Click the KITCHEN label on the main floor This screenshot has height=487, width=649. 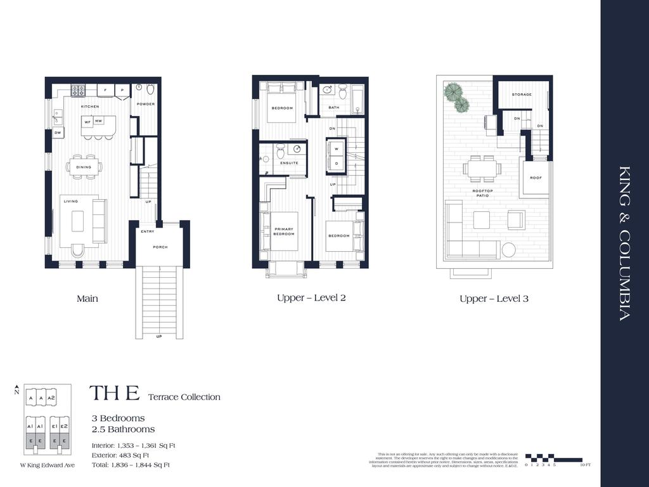89,107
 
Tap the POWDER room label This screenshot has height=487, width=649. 146,104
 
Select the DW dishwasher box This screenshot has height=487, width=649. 57,133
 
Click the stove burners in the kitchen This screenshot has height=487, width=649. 78,90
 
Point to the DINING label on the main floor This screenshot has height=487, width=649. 84,167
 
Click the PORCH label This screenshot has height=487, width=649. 160,247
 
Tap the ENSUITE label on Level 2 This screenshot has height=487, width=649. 290,163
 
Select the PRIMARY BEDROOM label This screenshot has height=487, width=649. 284,231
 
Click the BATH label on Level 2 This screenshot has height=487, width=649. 333,108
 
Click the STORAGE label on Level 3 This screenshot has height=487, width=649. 522,94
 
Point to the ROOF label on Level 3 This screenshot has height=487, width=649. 536,178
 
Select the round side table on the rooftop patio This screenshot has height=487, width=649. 508,250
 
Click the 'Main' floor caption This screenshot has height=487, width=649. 87,298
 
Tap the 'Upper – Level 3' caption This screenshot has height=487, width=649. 494,298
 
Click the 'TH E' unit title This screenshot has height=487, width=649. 114,393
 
